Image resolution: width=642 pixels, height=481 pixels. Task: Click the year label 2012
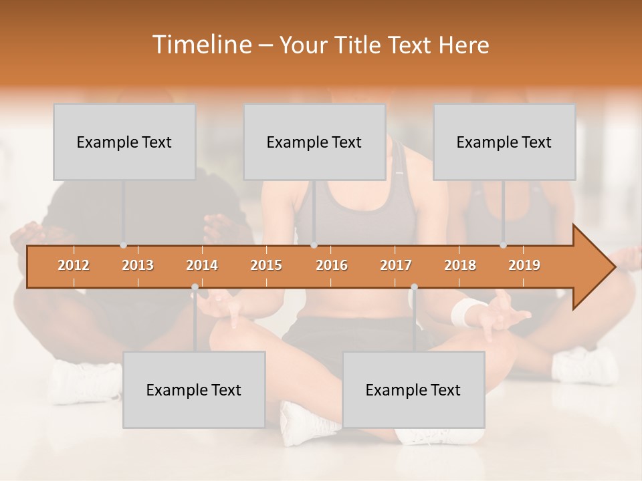[x=74, y=265]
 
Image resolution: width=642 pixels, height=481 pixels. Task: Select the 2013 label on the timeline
[x=138, y=265]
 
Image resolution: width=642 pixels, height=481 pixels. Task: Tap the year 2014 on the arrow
[x=202, y=265]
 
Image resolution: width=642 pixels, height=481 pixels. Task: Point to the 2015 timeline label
[x=266, y=265]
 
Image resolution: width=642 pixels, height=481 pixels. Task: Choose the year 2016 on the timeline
[x=332, y=265]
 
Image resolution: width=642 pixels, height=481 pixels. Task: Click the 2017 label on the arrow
[x=396, y=265]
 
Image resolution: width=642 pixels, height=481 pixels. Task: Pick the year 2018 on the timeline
[x=460, y=265]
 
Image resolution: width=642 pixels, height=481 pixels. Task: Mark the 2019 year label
[x=524, y=265]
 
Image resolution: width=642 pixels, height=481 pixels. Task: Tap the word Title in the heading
[x=358, y=45]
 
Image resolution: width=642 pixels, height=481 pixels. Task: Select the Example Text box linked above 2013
[x=124, y=142]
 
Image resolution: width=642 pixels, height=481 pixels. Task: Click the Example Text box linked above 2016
[x=314, y=142]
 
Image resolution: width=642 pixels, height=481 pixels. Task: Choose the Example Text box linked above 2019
[x=504, y=142]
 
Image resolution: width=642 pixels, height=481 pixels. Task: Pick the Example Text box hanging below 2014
[x=194, y=389]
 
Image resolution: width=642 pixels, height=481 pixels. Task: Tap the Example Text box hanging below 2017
[x=413, y=389]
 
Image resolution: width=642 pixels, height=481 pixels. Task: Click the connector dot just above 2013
[x=123, y=245]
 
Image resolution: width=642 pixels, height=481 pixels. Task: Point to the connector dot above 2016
[x=314, y=245]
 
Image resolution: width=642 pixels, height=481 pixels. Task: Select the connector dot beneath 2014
[x=195, y=287]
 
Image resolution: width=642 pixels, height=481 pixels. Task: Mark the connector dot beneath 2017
[x=414, y=287]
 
